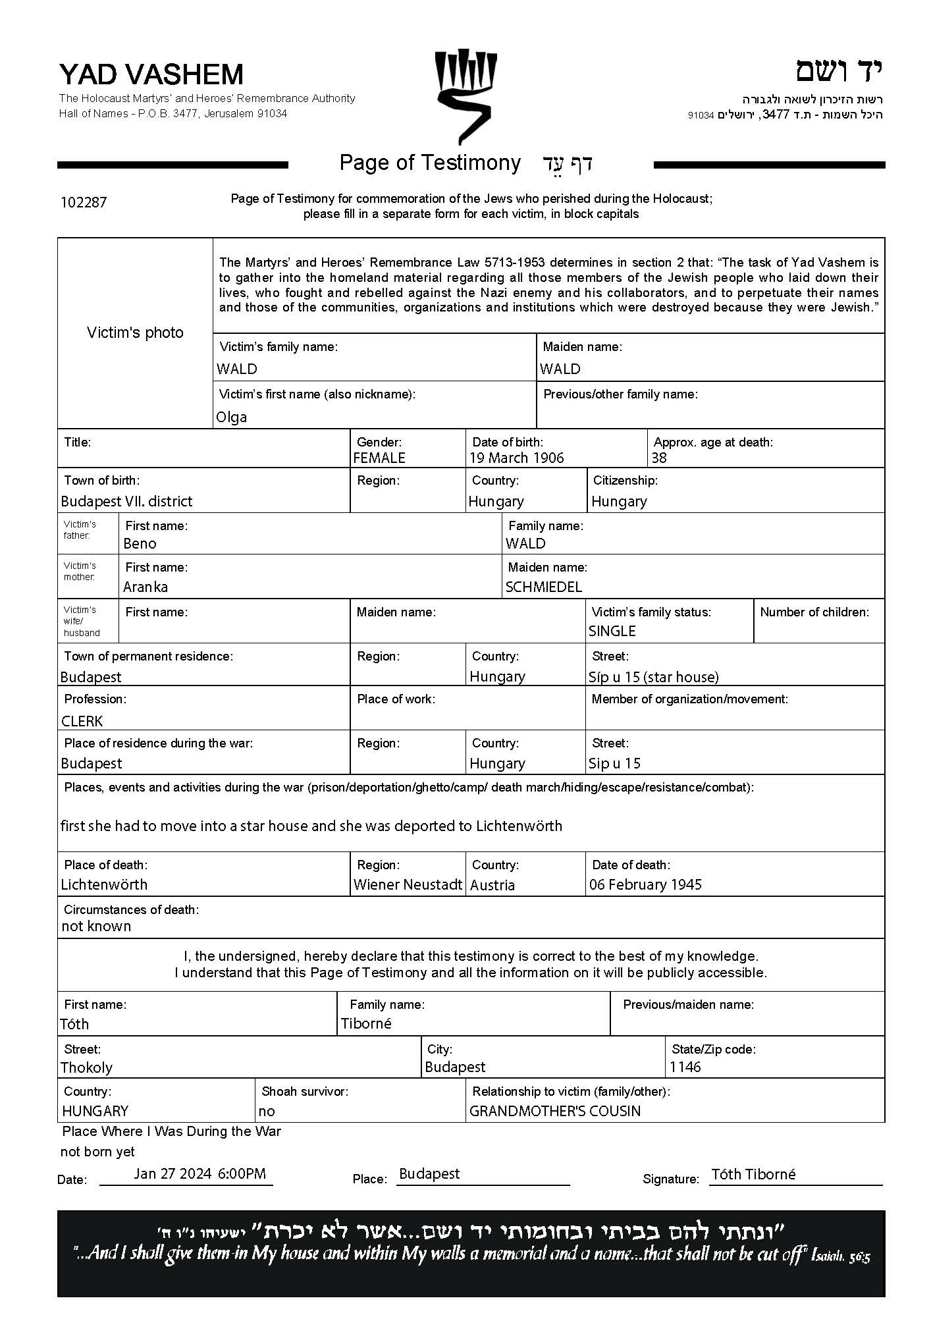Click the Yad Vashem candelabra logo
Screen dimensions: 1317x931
pos(465,95)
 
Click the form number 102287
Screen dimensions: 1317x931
pos(83,202)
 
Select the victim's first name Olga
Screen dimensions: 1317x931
pos(232,417)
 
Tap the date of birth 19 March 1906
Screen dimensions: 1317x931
pos(516,458)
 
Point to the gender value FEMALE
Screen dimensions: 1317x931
pos(379,458)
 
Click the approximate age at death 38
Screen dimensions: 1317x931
pos(658,458)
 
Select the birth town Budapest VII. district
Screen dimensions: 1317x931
pos(126,501)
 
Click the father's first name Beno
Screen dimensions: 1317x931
pos(140,543)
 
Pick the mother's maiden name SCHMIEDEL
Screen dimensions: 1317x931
pos(544,587)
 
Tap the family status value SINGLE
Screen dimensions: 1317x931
pos(612,631)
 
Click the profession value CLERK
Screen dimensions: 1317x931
pos(82,721)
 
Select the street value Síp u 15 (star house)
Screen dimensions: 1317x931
pos(653,677)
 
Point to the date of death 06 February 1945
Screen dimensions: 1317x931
pos(645,884)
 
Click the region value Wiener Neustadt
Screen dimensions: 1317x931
pos(408,884)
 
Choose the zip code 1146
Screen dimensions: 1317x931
pos(685,1067)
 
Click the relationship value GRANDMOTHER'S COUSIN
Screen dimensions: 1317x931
pos(554,1111)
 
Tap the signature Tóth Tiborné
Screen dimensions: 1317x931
pos(753,1174)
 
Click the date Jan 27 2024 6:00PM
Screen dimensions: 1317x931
pos(199,1173)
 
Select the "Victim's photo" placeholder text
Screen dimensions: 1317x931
pos(135,333)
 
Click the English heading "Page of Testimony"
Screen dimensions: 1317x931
pos(430,163)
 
